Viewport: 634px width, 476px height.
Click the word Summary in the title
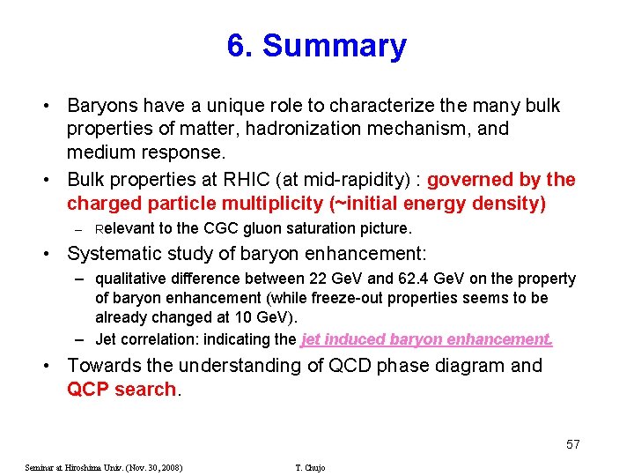coord(335,46)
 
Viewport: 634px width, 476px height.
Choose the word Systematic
coord(114,255)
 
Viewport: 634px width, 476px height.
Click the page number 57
coord(572,443)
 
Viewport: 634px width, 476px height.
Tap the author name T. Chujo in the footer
coord(310,467)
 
